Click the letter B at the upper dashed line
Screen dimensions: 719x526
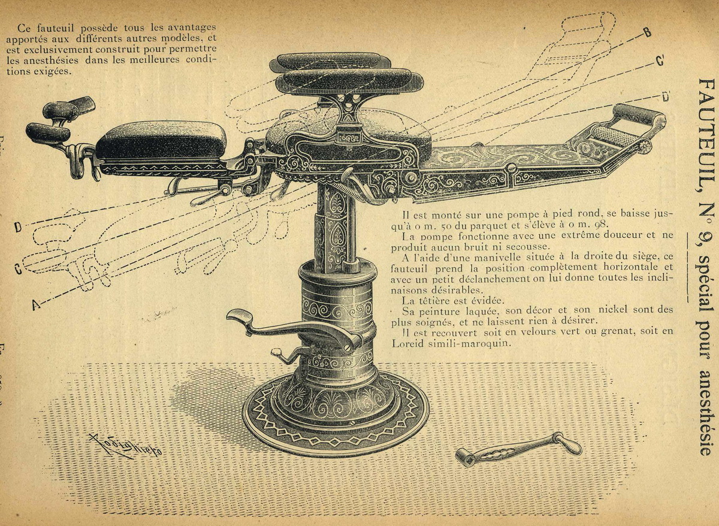point(648,32)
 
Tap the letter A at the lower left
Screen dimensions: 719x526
point(36,304)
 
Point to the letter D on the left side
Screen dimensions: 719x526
point(19,227)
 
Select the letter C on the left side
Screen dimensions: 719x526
point(19,269)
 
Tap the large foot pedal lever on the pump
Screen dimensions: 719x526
point(295,329)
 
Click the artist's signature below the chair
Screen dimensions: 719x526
point(125,446)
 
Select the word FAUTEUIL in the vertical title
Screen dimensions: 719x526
point(707,135)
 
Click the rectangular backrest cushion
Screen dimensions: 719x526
point(161,140)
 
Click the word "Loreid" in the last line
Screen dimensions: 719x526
point(407,344)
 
